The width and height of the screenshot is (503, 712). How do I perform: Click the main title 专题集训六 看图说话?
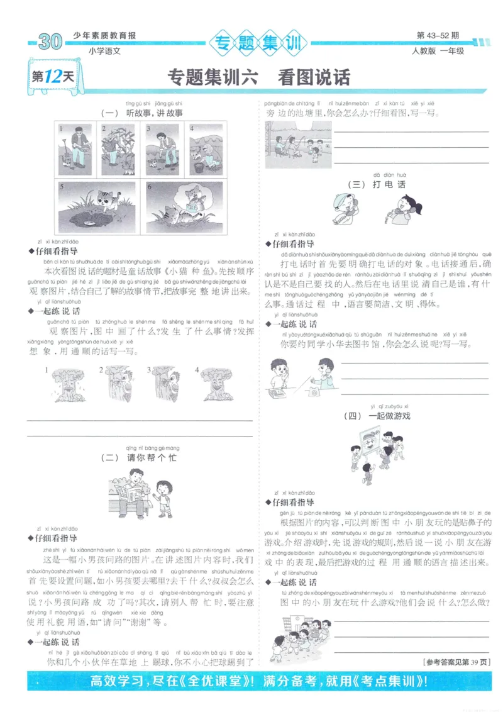(x=258, y=77)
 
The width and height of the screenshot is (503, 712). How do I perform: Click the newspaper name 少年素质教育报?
(x=104, y=36)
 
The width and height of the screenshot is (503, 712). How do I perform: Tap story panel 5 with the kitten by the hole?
(x=99, y=208)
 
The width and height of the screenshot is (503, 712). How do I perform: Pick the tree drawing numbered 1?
(x=65, y=383)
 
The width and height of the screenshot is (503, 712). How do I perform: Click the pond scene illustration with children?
(x=297, y=145)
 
